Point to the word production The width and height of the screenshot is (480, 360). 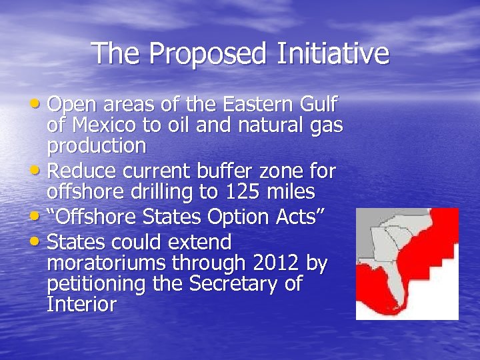[97, 145]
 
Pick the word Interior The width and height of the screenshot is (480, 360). [81, 304]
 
